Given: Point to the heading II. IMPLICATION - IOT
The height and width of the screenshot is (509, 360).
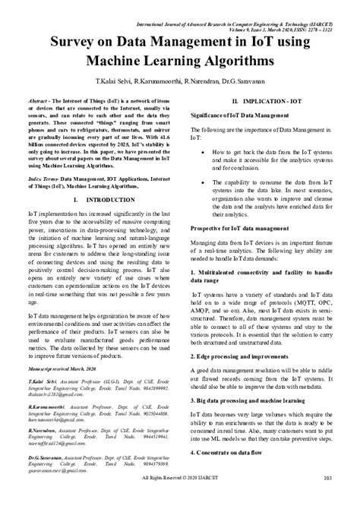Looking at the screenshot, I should point(267,103).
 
